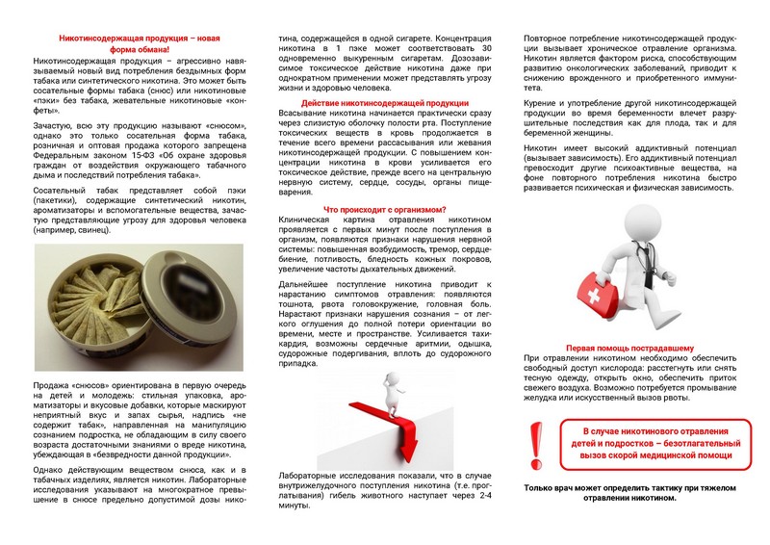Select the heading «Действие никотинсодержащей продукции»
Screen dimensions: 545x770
(385, 102)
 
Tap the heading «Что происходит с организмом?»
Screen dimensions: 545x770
(385, 209)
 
